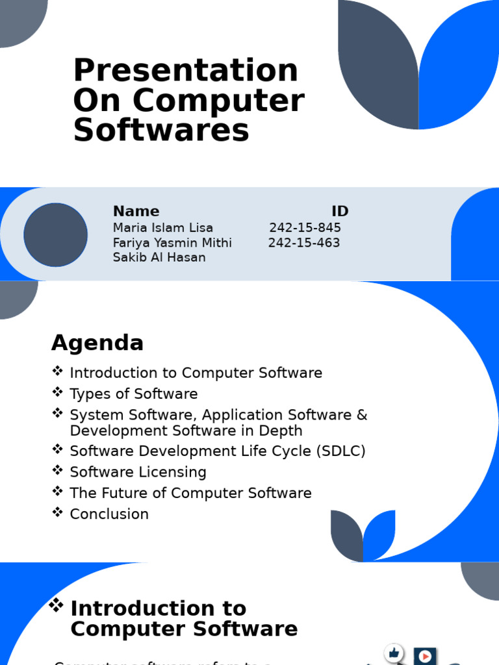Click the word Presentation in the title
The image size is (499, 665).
[185, 70]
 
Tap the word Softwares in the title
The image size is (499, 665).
[161, 130]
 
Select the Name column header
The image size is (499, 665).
[136, 211]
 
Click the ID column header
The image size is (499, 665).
[340, 211]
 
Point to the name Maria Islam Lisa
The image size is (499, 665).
[162, 228]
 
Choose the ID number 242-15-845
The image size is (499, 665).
[305, 228]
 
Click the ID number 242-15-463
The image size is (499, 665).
[304, 243]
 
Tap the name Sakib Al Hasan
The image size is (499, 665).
[159, 257]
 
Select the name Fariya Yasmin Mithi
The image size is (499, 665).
[172, 243]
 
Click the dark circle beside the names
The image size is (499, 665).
[56, 234]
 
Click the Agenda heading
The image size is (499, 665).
[97, 343]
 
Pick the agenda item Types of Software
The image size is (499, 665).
[133, 394]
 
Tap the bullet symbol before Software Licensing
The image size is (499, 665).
[58, 470]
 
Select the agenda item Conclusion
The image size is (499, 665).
[109, 514]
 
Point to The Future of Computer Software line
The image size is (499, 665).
[190, 493]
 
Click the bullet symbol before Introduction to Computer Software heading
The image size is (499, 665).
[57, 606]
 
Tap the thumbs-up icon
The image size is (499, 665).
[394, 653]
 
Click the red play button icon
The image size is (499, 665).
[425, 656]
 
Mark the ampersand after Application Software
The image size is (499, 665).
[362, 415]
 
